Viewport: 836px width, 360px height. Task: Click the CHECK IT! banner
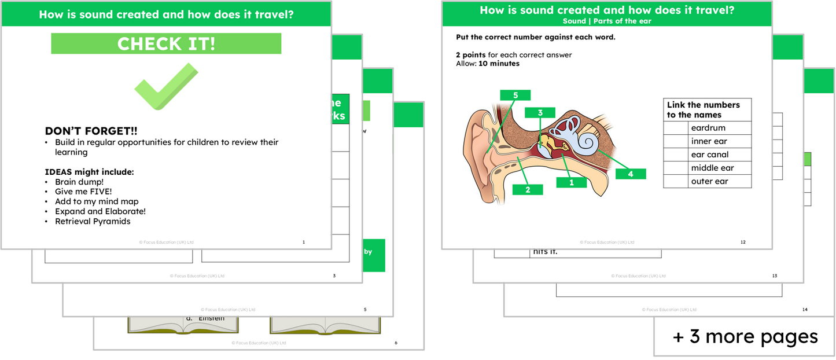(166, 44)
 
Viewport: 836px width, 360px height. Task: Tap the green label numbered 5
(515, 95)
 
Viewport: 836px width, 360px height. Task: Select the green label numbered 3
(540, 113)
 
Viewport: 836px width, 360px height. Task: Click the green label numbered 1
(572, 182)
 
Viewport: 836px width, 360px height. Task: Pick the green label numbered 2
(528, 189)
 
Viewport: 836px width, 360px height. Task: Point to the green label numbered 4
(630, 174)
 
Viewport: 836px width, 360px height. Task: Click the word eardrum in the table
(708, 128)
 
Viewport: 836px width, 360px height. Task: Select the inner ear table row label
(709, 141)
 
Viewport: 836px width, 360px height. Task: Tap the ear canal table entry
(710, 155)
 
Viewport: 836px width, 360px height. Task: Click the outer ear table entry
(709, 181)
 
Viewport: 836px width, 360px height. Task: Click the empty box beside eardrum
(675, 128)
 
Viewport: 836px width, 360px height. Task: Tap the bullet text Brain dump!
(79, 182)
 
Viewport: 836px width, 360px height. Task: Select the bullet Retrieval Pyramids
(93, 221)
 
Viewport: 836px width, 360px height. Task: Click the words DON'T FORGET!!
(91, 131)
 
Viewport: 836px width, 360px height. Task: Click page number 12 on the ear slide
(743, 242)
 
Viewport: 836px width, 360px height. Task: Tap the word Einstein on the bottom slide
(211, 318)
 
